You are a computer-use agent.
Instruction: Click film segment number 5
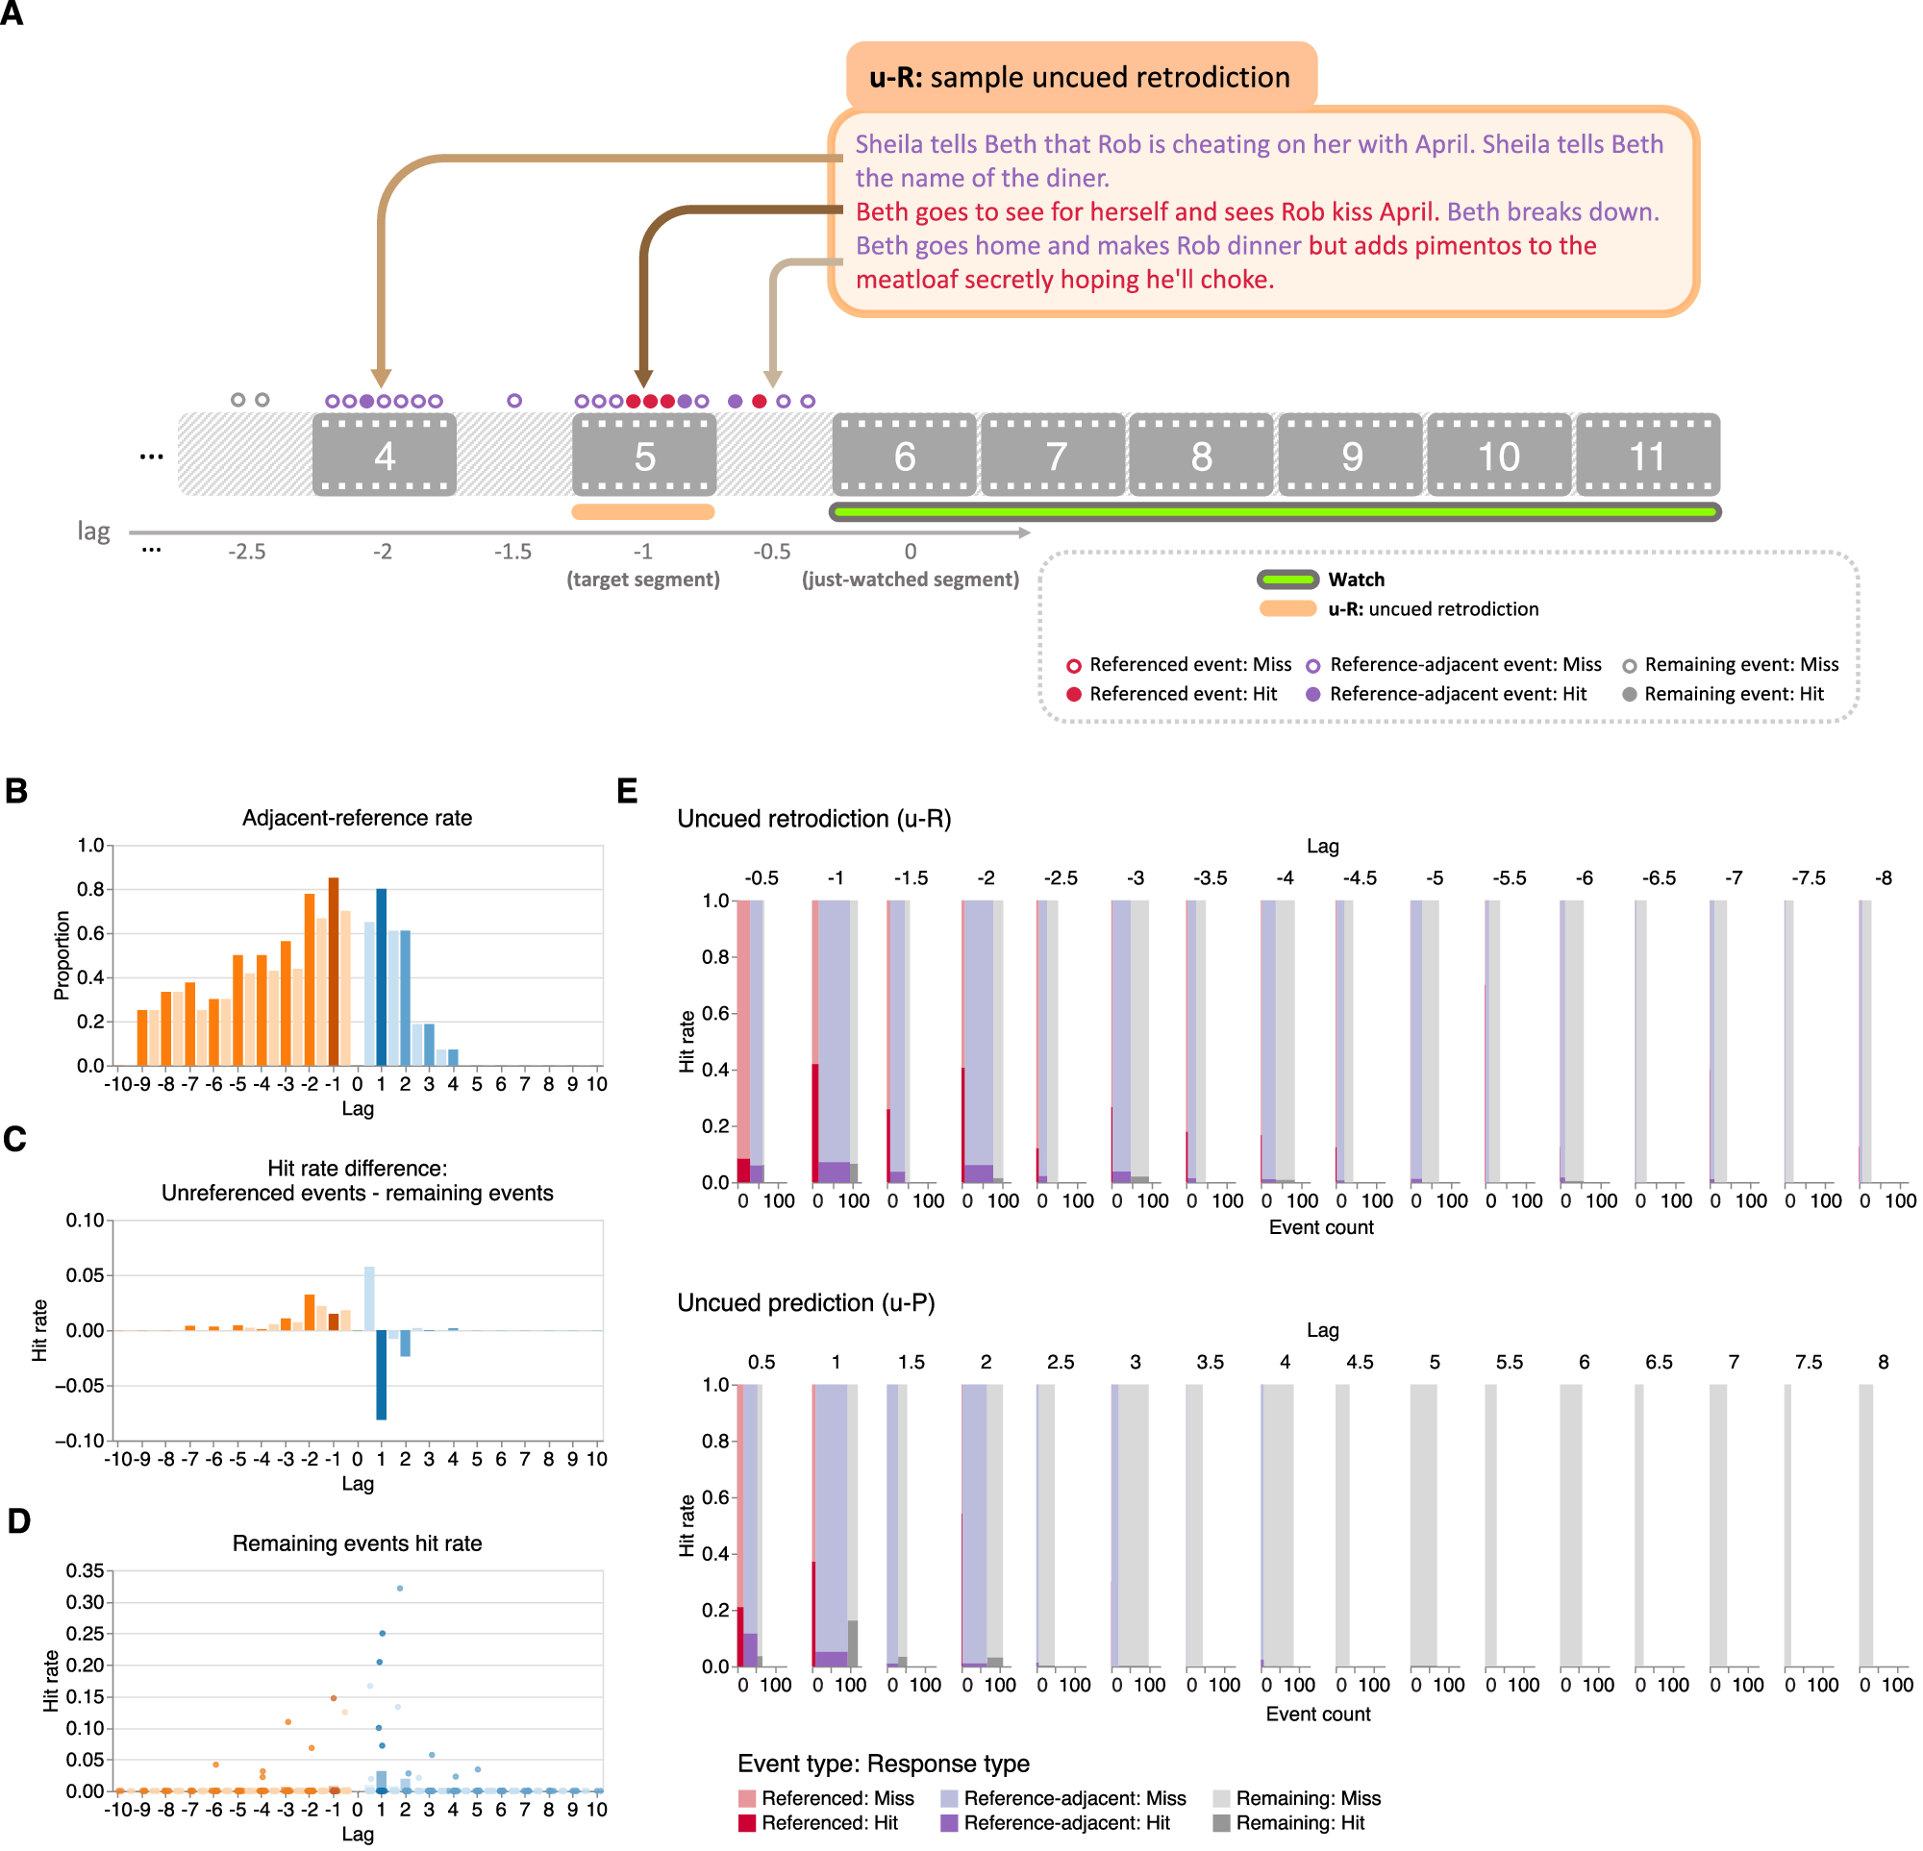643,457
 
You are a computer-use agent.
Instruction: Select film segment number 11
1646,457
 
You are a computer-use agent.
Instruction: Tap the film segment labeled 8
1201,457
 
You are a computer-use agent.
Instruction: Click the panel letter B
16,792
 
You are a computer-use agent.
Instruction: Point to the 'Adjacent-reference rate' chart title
357,818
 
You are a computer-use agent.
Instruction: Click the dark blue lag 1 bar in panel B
382,976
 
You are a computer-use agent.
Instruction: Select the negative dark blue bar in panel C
382,1374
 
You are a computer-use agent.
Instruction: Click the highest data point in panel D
399,1588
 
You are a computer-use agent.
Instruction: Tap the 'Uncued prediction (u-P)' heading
806,1302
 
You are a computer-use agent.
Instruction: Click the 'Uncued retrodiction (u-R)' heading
813,819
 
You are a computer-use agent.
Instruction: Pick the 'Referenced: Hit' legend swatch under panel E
747,1822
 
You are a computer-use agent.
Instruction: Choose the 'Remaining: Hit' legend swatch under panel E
1221,1822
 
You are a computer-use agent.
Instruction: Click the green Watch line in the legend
1287,580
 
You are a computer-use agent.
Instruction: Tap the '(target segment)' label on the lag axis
642,580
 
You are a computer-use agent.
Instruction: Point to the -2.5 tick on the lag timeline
247,553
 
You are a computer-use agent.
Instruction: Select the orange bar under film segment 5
642,512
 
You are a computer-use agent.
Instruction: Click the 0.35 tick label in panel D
86,1571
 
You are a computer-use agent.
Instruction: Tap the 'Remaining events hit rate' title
357,1543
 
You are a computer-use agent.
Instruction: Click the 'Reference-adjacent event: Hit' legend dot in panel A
1312,695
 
